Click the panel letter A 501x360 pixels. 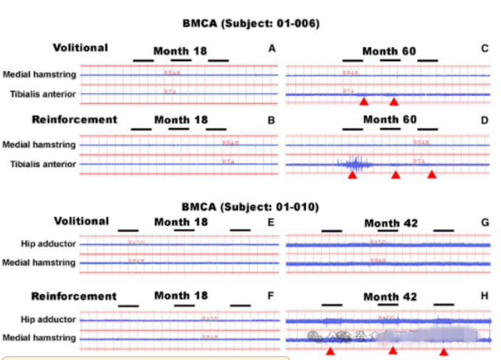271,48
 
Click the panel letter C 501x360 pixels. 485,48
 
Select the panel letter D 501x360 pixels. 485,120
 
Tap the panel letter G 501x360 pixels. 485,223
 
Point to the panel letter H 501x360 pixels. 485,297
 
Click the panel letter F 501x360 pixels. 271,297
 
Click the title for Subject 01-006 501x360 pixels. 250,23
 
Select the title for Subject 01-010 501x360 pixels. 250,207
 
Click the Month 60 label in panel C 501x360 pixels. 389,51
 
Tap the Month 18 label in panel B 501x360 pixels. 181,120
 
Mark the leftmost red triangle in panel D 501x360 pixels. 352,174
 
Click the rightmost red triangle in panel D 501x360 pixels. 431,174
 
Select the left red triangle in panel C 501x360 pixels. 364,102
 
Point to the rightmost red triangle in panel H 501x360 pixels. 444,351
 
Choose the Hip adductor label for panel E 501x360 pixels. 48,244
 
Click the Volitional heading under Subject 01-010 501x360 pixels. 81,221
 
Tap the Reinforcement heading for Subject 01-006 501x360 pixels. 75,119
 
